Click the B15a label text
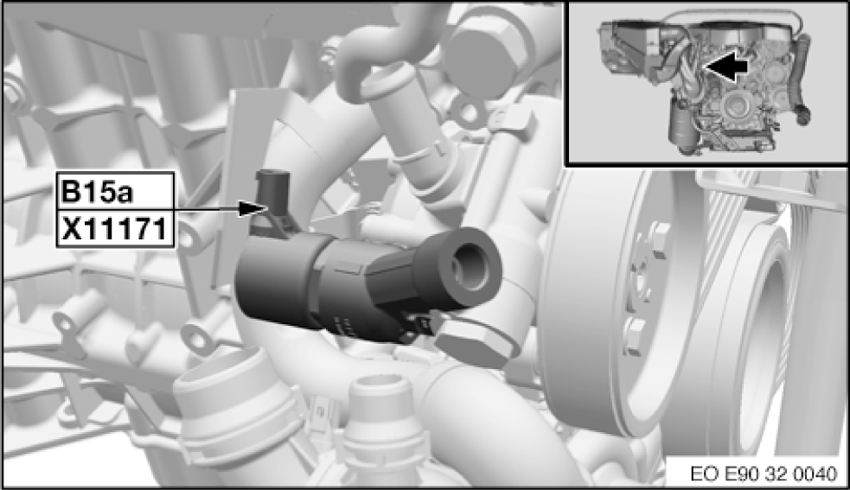tap(97, 192)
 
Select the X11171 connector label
tap(114, 228)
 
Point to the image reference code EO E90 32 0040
tap(764, 474)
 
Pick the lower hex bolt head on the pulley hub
tap(636, 335)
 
